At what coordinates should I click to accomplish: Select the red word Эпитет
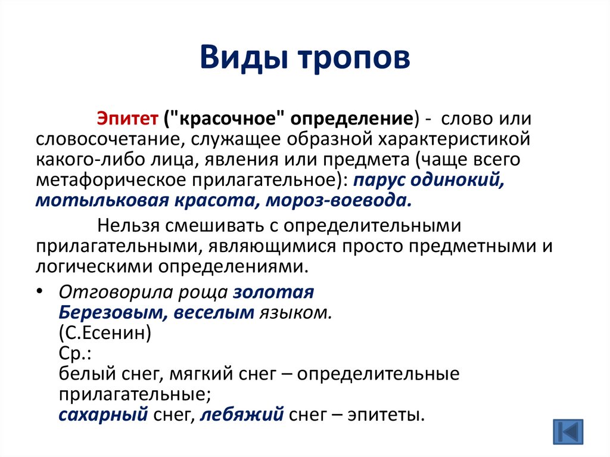127,118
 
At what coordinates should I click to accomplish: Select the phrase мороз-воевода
338,200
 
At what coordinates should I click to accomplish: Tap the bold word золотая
273,293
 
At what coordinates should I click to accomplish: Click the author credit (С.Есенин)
105,333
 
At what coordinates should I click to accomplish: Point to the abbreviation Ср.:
74,353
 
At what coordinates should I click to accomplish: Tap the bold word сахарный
103,415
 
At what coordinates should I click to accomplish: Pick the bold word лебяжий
242,415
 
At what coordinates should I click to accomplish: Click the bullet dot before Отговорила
39,291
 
